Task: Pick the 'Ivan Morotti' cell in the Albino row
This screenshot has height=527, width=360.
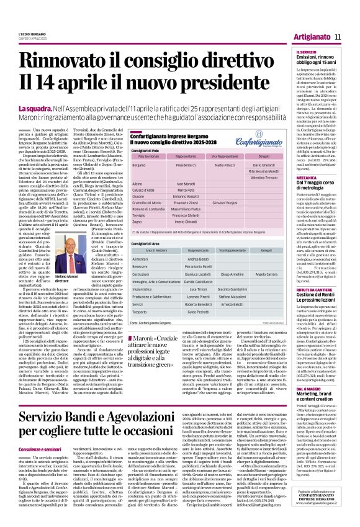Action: pyautogui.click(x=178, y=184)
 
